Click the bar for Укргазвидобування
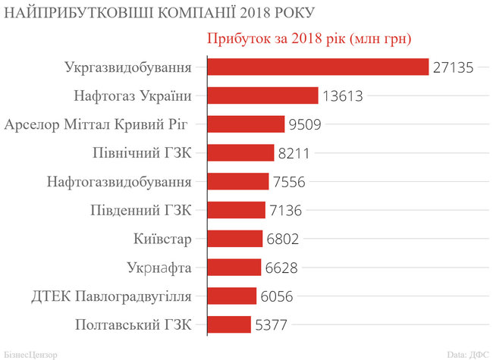[318, 67]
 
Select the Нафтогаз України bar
[262, 95]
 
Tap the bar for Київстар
[234, 239]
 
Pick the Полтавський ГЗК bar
[228, 324]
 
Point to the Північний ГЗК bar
[240, 153]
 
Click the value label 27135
[453, 67]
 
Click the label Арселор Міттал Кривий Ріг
[96, 124]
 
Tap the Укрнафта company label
[159, 268]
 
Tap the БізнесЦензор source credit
[30, 353]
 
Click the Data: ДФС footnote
[467, 353]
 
